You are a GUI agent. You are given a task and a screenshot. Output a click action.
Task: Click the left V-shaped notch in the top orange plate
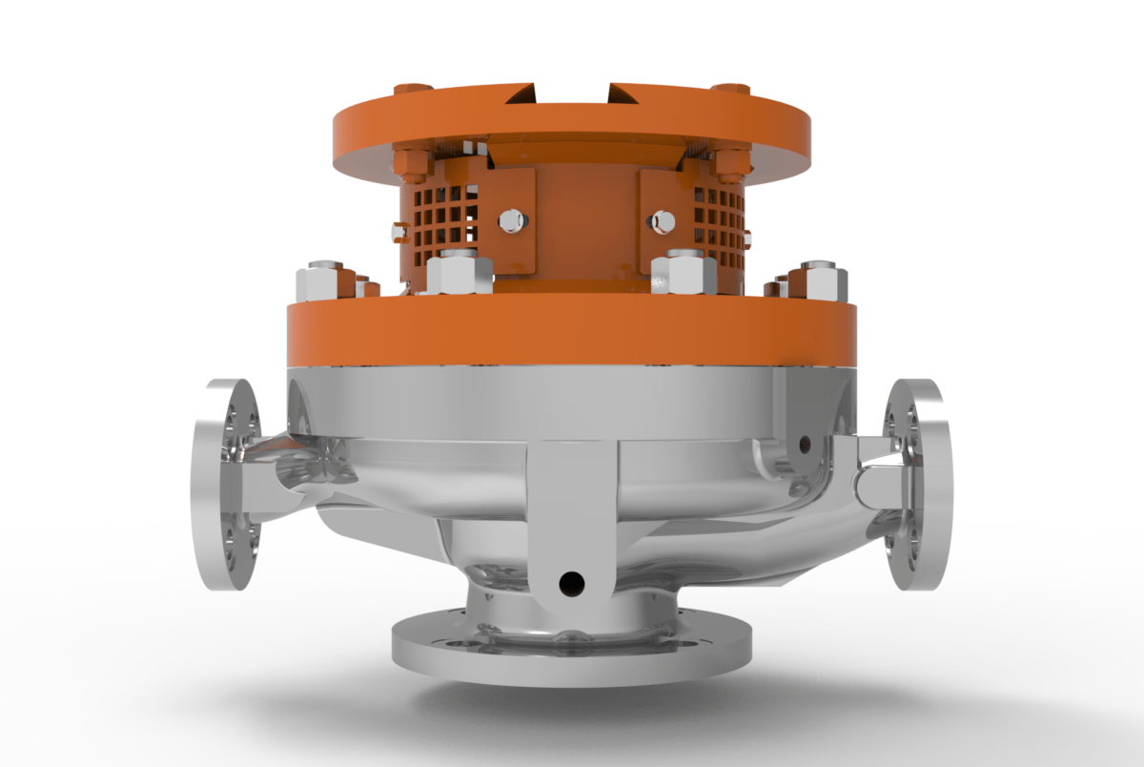(x=523, y=93)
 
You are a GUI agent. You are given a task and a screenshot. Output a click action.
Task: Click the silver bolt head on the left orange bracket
(x=510, y=220)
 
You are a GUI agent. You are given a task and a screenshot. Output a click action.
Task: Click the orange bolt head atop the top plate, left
(x=413, y=89)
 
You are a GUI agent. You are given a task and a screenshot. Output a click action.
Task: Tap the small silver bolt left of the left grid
(x=398, y=231)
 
